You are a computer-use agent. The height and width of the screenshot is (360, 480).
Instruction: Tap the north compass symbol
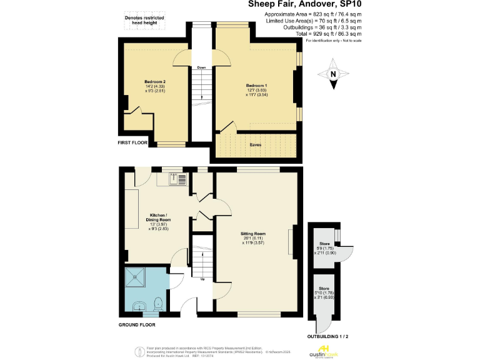[333, 74]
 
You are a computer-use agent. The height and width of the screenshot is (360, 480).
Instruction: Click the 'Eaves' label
[254, 144]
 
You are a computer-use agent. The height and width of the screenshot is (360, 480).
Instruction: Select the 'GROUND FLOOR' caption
[137, 325]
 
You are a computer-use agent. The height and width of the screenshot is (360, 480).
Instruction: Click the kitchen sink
[177, 180]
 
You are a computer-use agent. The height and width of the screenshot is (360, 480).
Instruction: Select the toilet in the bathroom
[159, 304]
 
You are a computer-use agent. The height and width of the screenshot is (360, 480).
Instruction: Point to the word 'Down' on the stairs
[201, 67]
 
